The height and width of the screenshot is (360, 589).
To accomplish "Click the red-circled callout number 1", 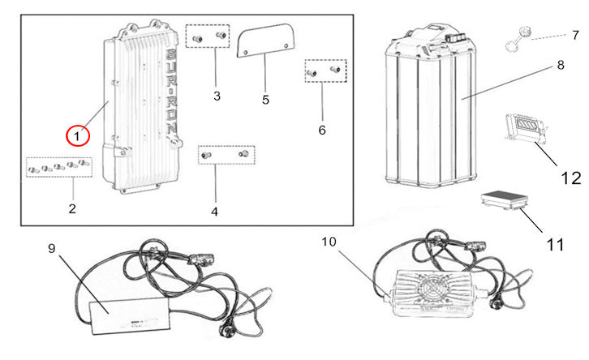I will tap(78, 137).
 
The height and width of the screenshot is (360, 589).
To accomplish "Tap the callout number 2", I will tap(72, 209).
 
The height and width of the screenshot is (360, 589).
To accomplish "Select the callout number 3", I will tap(217, 96).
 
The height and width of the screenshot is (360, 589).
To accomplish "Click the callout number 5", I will tap(265, 100).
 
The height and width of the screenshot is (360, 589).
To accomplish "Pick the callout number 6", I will tap(321, 130).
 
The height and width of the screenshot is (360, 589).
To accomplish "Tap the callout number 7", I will tap(575, 36).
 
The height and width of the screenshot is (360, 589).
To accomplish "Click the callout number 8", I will tap(560, 64).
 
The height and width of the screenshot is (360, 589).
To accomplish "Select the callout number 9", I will tap(53, 249).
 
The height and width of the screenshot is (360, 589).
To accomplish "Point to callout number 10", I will tap(329, 242).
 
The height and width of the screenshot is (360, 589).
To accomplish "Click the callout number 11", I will tap(555, 244).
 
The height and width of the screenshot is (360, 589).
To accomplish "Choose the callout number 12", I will tap(571, 177).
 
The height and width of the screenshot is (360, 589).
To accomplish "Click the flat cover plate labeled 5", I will tap(267, 38).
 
